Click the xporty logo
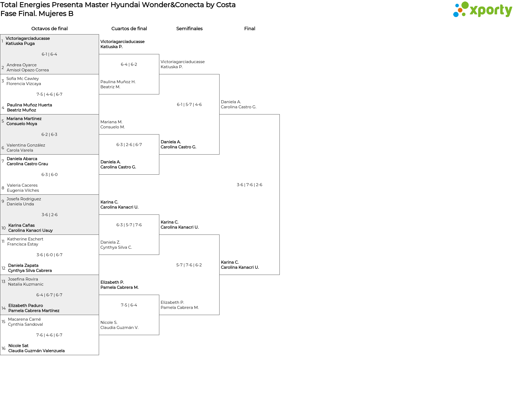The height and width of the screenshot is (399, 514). coord(482,10)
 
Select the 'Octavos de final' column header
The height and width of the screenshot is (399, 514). coord(50,29)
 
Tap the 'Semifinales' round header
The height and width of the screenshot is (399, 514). coord(189,29)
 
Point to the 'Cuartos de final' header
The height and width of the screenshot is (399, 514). coord(129,29)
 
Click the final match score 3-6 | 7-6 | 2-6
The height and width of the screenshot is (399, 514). coord(250,185)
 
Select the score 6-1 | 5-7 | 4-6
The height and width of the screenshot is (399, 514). coord(189,105)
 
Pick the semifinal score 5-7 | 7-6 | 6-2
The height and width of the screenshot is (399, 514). coord(189,265)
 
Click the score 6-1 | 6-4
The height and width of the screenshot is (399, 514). coord(49,54)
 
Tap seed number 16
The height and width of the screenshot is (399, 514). coord(3,348)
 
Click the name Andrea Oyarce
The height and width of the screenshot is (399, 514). coord(22,65)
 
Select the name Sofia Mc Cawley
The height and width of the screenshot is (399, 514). coord(23,79)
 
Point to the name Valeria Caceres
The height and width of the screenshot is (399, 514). coord(22,185)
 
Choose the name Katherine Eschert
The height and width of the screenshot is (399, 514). coord(25,239)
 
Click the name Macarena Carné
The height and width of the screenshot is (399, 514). coord(24,319)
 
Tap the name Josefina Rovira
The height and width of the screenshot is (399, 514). coord(23,279)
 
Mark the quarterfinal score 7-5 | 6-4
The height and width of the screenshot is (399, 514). coord(129,305)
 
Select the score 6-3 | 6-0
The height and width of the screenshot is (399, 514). coord(50,175)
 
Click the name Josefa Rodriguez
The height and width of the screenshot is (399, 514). coord(24,199)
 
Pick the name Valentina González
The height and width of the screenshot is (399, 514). coord(26,145)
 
